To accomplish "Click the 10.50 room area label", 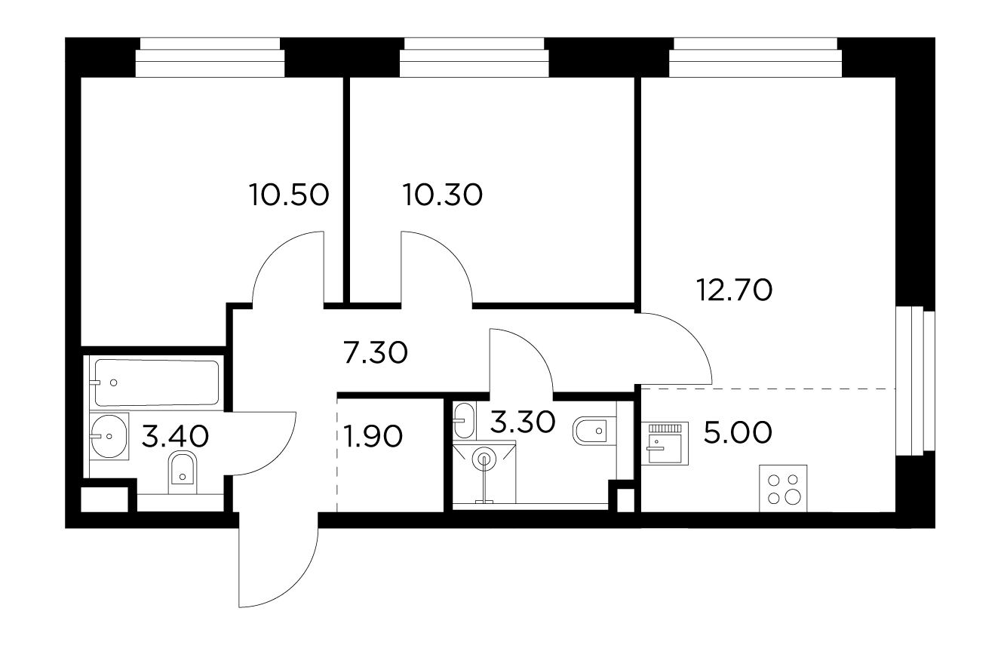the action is (x=289, y=195).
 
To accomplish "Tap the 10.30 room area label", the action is (x=442, y=195).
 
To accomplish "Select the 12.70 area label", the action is (x=734, y=290).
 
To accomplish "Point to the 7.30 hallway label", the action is (x=376, y=352).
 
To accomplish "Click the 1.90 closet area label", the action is (x=373, y=436).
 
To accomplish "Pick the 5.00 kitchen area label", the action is (x=738, y=432).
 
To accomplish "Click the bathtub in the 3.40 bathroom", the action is (x=156, y=382).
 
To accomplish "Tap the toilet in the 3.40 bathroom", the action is (x=183, y=472).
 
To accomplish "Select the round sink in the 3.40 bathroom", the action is (x=109, y=436).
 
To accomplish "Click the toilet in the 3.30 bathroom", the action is (x=594, y=431).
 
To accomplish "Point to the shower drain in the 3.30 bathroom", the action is (x=484, y=459).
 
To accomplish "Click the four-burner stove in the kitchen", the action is (x=783, y=488).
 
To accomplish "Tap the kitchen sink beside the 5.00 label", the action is (x=665, y=444).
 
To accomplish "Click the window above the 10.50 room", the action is (x=210, y=57).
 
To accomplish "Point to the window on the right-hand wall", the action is (x=915, y=381).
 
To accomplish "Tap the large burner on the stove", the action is (x=793, y=497).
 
